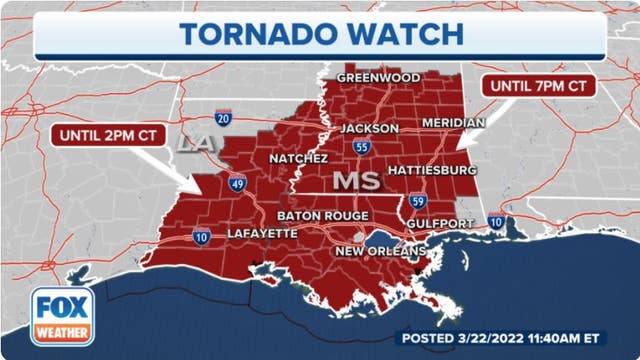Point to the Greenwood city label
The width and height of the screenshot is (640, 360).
377,77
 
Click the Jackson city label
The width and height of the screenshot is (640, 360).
369,128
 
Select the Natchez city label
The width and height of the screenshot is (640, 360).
297,158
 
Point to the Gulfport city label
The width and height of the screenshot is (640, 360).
441,224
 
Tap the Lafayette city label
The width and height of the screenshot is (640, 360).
262,233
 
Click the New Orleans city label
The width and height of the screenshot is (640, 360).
380,250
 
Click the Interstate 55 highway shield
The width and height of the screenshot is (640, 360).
358,148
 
